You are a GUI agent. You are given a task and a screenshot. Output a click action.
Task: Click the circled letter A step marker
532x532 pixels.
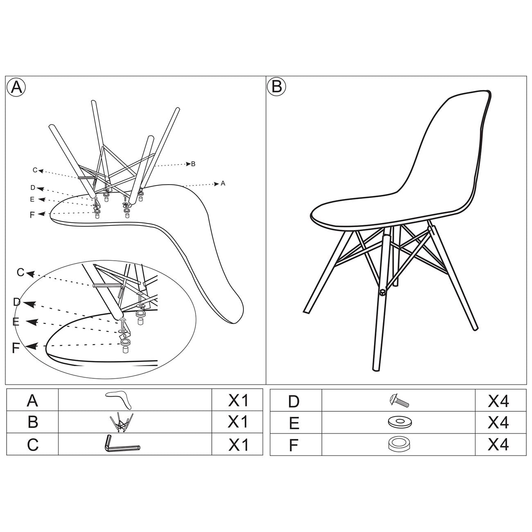tap(16, 87)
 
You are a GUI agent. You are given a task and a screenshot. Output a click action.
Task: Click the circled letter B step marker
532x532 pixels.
tap(277, 87)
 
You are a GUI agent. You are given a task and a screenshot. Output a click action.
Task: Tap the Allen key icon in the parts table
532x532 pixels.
tap(122, 444)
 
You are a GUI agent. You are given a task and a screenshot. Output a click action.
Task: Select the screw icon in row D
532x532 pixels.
tap(399, 401)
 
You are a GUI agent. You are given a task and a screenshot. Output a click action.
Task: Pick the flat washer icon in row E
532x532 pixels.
tap(399, 422)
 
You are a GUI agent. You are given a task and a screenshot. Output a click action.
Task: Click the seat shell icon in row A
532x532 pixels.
tap(118, 399)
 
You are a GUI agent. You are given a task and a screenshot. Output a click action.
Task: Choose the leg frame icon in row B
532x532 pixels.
tap(122, 422)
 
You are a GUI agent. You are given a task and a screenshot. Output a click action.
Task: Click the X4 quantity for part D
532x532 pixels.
tap(498, 401)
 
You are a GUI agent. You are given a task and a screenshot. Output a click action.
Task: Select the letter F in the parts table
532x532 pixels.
tap(293, 445)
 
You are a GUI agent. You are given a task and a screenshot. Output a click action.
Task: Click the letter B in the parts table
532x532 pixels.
tap(33, 422)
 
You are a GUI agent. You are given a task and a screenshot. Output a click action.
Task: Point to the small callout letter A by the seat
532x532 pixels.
tap(223, 183)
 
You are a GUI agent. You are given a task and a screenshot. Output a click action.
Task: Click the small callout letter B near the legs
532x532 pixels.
tap(193, 164)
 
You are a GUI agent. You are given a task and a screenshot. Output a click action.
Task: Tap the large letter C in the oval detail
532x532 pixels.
tap(21, 273)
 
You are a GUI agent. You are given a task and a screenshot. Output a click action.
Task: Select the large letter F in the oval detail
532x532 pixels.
tap(16, 348)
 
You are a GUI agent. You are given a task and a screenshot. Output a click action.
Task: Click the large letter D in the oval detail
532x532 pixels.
tap(17, 302)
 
